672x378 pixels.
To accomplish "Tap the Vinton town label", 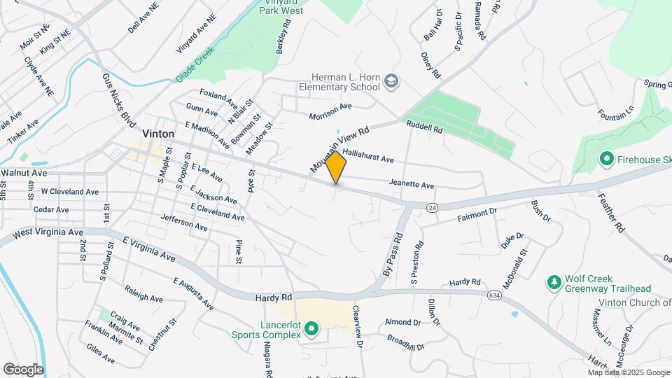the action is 157,133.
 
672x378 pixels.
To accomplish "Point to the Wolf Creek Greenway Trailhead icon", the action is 554,282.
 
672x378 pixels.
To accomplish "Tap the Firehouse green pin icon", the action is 606,160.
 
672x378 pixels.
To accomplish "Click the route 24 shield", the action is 432,207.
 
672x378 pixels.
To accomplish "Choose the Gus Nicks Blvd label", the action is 114,98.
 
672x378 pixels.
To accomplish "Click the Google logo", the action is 23,369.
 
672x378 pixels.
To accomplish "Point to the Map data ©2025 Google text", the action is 628,373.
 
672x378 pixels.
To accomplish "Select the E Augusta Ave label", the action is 194,293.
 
